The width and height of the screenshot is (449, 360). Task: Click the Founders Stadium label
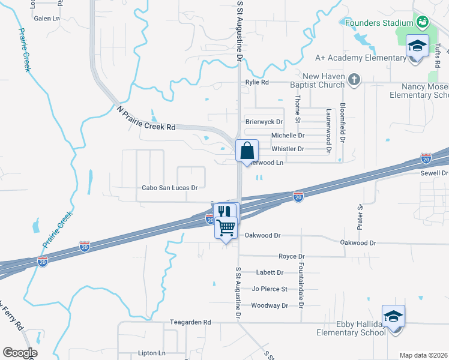(379, 23)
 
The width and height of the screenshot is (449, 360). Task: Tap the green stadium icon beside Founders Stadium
(423, 22)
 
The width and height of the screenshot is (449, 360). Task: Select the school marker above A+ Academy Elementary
(417, 45)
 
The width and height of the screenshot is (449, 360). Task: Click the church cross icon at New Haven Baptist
(355, 79)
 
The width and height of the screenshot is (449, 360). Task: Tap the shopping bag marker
(247, 151)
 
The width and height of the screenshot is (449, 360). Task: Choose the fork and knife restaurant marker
(224, 211)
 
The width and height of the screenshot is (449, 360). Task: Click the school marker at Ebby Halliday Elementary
(393, 316)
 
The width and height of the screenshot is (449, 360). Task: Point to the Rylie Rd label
(256, 82)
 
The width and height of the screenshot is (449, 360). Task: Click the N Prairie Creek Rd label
(146, 118)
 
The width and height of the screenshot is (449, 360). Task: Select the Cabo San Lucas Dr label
(170, 188)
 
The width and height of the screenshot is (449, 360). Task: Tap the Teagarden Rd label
(190, 322)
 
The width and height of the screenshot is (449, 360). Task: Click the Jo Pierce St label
(270, 289)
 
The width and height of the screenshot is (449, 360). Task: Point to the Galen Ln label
(47, 19)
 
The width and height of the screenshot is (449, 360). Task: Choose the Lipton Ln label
(151, 353)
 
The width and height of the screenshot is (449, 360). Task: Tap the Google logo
(20, 353)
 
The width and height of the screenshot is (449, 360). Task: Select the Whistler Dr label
(288, 149)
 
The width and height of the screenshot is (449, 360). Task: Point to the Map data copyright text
(423, 355)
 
